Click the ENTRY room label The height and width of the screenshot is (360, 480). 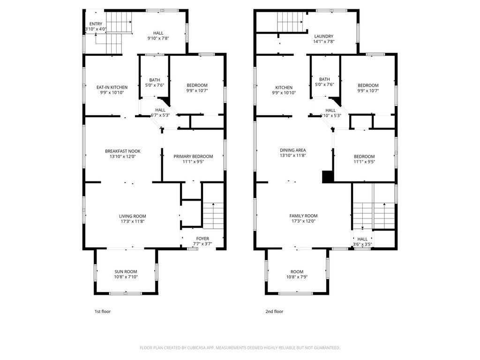[x=96, y=24]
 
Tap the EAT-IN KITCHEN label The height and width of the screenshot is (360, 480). [x=112, y=87]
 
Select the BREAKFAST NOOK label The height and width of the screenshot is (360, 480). [x=123, y=151]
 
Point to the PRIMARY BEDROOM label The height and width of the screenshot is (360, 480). [x=193, y=157]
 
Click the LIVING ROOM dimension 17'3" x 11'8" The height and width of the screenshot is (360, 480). [x=133, y=221]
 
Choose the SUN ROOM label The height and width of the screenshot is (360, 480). [x=126, y=271]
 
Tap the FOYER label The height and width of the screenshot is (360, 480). [x=202, y=239]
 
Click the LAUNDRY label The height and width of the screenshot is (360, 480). [x=324, y=36]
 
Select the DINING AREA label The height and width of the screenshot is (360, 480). [x=293, y=150]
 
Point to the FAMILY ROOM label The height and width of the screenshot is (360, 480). [x=304, y=216]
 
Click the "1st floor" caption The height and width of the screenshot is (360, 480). [x=103, y=312]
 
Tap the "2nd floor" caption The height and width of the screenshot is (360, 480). [x=274, y=312]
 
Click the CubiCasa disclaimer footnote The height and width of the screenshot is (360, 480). [x=240, y=348]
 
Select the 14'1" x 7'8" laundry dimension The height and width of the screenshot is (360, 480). [x=324, y=42]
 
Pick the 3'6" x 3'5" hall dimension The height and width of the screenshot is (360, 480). [x=362, y=244]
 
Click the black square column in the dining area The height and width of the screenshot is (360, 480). [x=328, y=177]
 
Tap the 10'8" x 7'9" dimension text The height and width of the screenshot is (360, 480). [x=297, y=277]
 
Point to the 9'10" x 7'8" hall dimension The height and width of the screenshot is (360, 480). [x=158, y=38]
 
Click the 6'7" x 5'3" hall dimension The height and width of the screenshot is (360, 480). [x=160, y=115]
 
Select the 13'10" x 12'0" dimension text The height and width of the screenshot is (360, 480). [x=123, y=157]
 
